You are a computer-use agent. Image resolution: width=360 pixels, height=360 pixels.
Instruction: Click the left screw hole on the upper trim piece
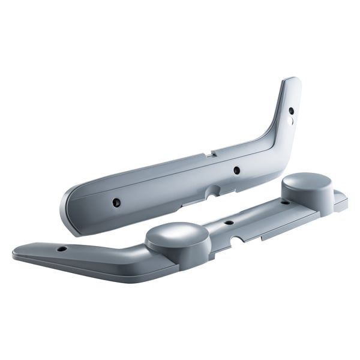(117, 203)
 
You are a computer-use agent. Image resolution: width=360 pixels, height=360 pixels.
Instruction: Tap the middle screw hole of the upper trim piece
(236, 170)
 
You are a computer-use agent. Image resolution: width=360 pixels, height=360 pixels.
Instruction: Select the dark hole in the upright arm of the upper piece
(291, 110)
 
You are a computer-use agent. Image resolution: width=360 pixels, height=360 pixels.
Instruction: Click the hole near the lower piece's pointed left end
(62, 248)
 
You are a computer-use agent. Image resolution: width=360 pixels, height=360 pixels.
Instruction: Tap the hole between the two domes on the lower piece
(229, 223)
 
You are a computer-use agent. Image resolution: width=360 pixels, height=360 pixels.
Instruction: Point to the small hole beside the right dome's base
(285, 203)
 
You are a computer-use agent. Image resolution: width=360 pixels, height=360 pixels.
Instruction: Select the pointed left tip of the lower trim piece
(15, 252)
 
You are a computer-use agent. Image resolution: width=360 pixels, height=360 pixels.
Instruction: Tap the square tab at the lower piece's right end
(340, 202)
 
